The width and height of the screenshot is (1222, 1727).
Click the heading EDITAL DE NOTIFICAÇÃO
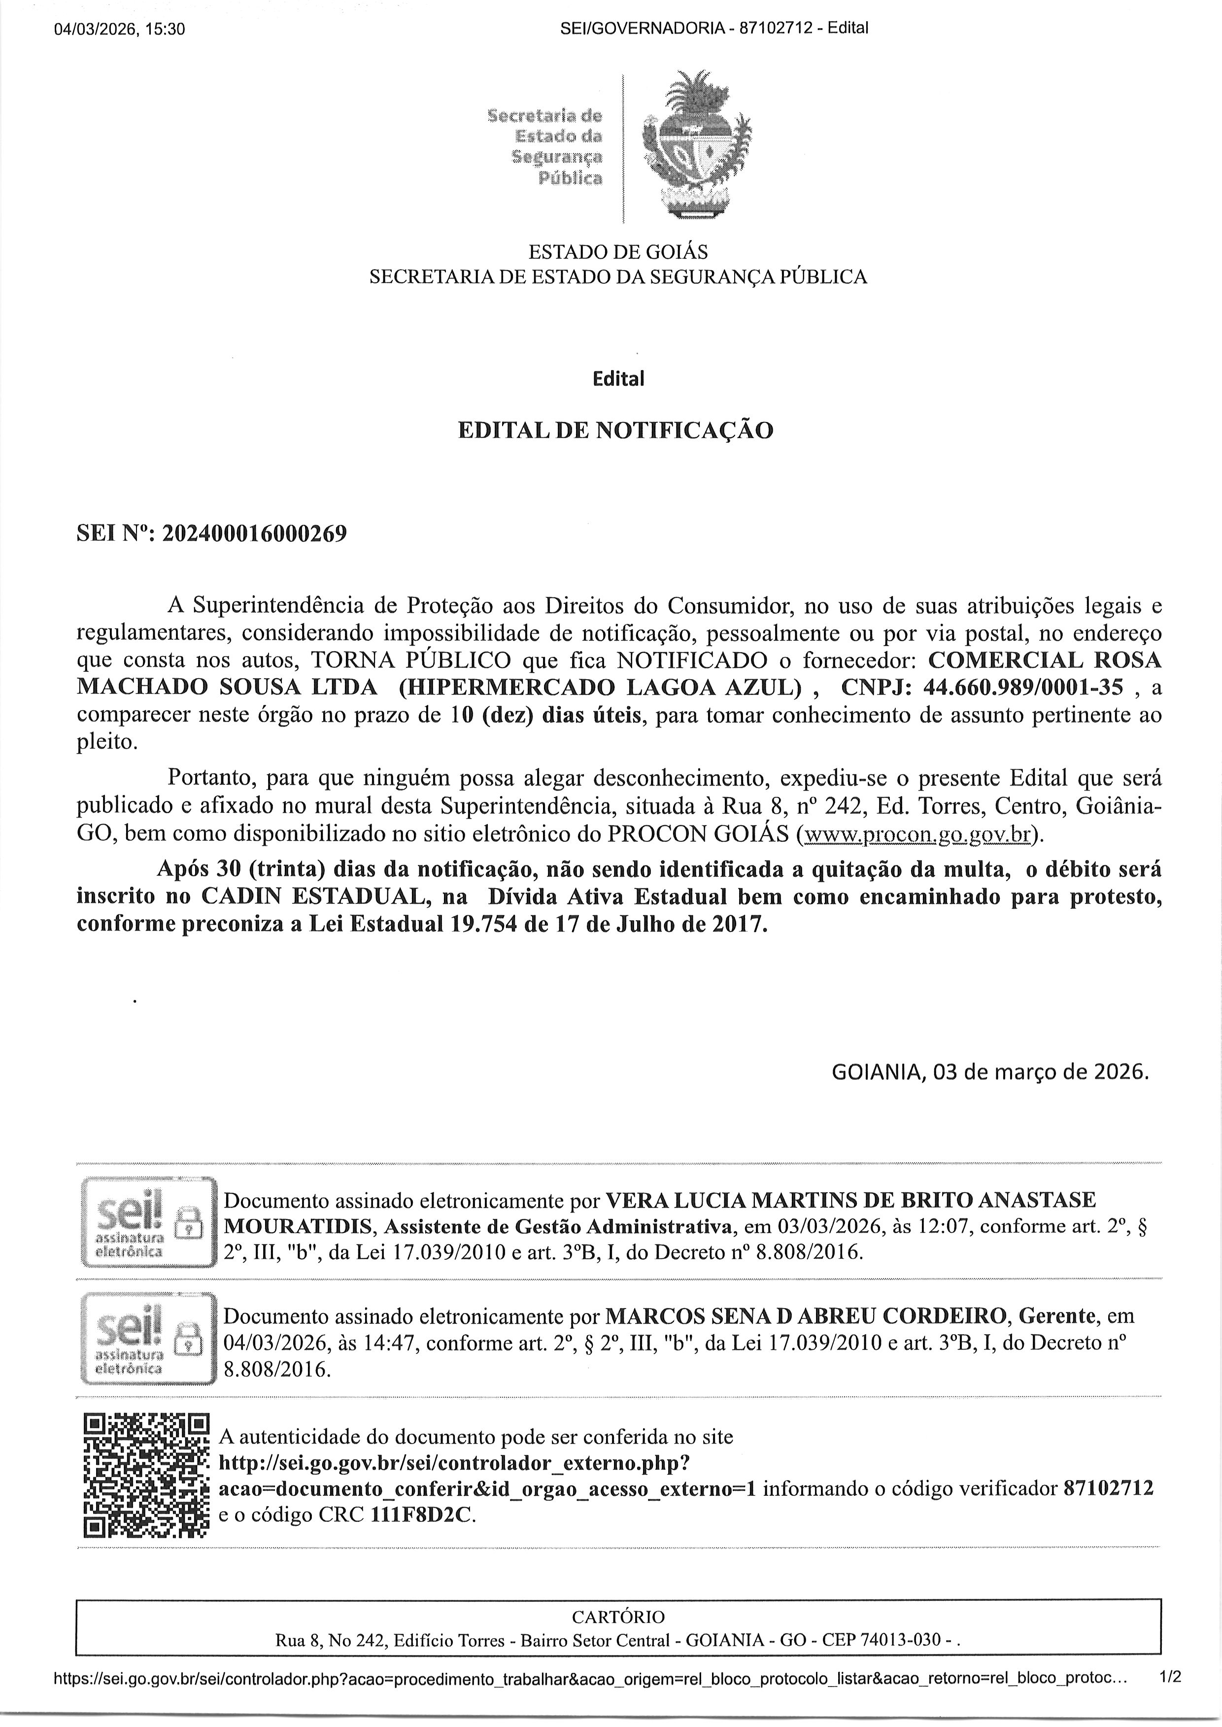(615, 430)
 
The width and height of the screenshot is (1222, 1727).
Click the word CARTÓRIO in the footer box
(618, 1617)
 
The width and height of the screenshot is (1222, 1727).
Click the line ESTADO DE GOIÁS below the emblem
(618, 251)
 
